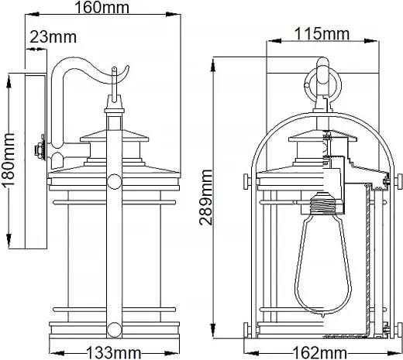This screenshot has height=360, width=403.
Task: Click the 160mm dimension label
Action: (x=102, y=7)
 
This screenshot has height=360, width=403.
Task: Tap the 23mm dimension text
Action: (x=53, y=37)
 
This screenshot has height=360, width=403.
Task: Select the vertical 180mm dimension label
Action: (x=8, y=160)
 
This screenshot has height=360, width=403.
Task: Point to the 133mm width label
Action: (x=114, y=353)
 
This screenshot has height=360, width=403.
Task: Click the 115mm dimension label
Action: (x=322, y=34)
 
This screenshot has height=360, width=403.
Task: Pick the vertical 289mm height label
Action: (x=205, y=197)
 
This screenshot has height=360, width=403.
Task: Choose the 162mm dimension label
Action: (x=319, y=353)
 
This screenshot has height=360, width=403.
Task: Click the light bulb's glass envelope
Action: (x=323, y=263)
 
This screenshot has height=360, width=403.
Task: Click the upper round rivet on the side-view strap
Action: (x=114, y=181)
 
